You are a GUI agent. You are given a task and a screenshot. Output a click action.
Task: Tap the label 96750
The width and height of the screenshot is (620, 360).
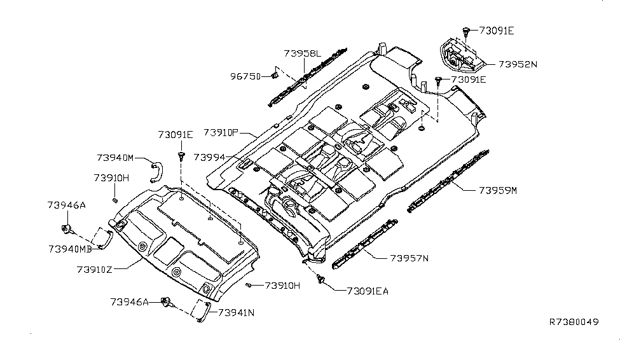pos(245,76)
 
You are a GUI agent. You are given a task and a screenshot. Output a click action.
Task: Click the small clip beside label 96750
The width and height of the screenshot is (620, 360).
pos(275,76)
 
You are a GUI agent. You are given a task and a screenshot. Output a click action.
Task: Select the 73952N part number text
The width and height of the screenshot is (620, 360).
pos(518,64)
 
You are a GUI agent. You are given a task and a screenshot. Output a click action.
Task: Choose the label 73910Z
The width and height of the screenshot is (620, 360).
pos(95,269)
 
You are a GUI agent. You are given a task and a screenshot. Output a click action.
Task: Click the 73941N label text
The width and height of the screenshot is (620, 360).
pos(237,312)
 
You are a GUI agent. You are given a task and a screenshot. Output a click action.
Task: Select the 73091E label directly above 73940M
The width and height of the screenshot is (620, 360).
pos(176,135)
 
